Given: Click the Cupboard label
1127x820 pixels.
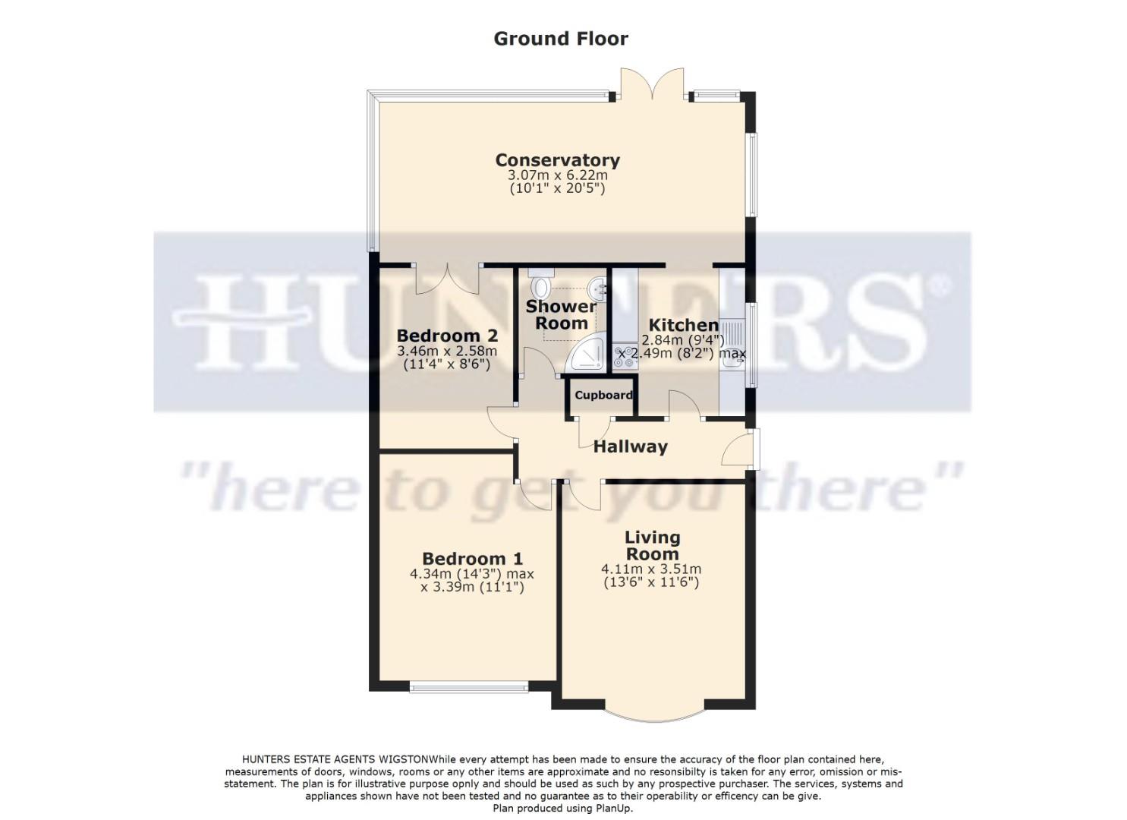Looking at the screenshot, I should pyautogui.click(x=603, y=395).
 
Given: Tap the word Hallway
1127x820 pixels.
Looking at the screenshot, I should pyautogui.click(x=630, y=446).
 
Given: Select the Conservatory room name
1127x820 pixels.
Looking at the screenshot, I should pyautogui.click(x=557, y=160).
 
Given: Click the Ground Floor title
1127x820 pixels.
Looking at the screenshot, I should pyautogui.click(x=561, y=38).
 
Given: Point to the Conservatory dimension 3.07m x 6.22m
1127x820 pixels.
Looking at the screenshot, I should pyautogui.click(x=557, y=175).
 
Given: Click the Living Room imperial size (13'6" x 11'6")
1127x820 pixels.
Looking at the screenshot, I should pyautogui.click(x=650, y=582).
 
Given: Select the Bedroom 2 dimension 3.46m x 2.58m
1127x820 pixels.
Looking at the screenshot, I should pyautogui.click(x=447, y=352).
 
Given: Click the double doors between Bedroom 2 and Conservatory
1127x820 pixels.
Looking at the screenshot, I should pyautogui.click(x=448, y=278).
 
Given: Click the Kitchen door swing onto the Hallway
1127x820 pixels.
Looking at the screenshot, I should pyautogui.click(x=685, y=404).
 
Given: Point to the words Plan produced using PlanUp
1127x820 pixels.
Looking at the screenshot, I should pyautogui.click(x=562, y=808).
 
